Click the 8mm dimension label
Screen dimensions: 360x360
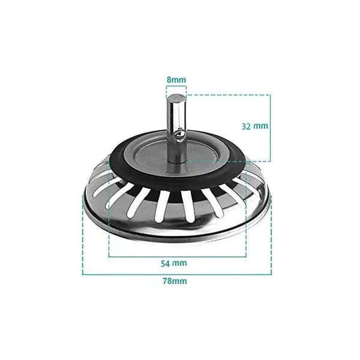[x=176, y=80]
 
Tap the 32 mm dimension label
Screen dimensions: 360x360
[x=255, y=126]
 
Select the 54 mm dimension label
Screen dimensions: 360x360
[x=173, y=263]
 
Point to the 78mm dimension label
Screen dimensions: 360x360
[x=175, y=281]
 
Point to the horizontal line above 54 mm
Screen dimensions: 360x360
[x=177, y=257]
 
